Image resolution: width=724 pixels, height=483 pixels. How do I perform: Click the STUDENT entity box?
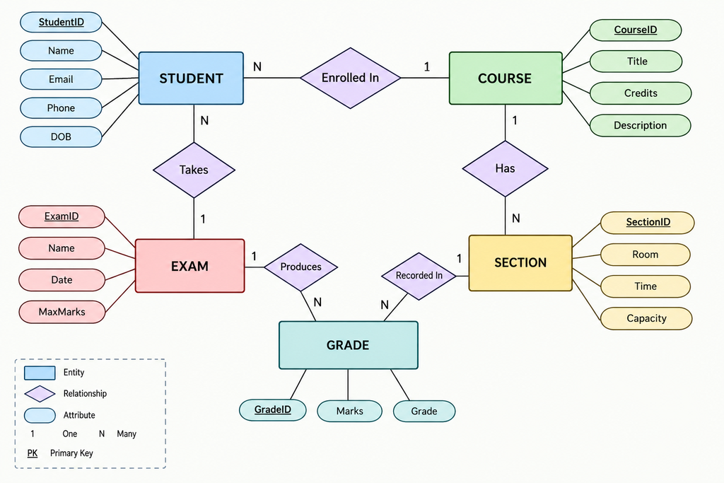click(x=191, y=78)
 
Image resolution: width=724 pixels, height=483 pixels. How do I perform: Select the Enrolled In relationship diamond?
click(x=351, y=78)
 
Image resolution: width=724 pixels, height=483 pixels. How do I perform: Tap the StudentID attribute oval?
click(x=61, y=22)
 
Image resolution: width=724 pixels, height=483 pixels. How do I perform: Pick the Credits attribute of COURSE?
click(x=641, y=93)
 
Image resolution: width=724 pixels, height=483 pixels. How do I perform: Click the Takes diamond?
click(x=194, y=170)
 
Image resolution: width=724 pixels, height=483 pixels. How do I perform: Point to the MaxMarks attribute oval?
click(x=62, y=312)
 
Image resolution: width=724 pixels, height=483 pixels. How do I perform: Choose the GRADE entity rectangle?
click(x=348, y=345)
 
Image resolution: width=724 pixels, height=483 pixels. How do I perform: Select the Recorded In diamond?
click(x=419, y=276)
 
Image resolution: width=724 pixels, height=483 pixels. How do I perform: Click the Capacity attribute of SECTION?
click(x=646, y=318)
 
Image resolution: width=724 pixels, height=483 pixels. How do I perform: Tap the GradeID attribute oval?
click(x=272, y=409)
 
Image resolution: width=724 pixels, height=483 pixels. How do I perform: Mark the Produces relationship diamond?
click(x=300, y=267)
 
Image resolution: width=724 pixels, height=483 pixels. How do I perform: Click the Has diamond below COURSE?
click(x=505, y=168)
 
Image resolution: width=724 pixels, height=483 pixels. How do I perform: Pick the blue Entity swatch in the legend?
click(x=40, y=373)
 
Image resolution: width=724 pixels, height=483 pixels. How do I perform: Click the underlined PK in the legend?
click(x=33, y=453)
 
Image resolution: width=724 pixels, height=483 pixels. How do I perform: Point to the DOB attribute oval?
click(x=61, y=136)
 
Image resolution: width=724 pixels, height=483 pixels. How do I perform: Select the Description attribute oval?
click(x=640, y=126)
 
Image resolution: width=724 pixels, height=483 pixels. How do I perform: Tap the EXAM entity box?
click(x=189, y=266)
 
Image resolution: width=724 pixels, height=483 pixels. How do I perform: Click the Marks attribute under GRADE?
click(x=349, y=411)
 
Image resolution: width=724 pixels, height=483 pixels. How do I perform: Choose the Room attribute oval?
click(x=645, y=255)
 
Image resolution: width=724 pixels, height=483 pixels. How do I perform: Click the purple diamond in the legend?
click(x=40, y=394)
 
